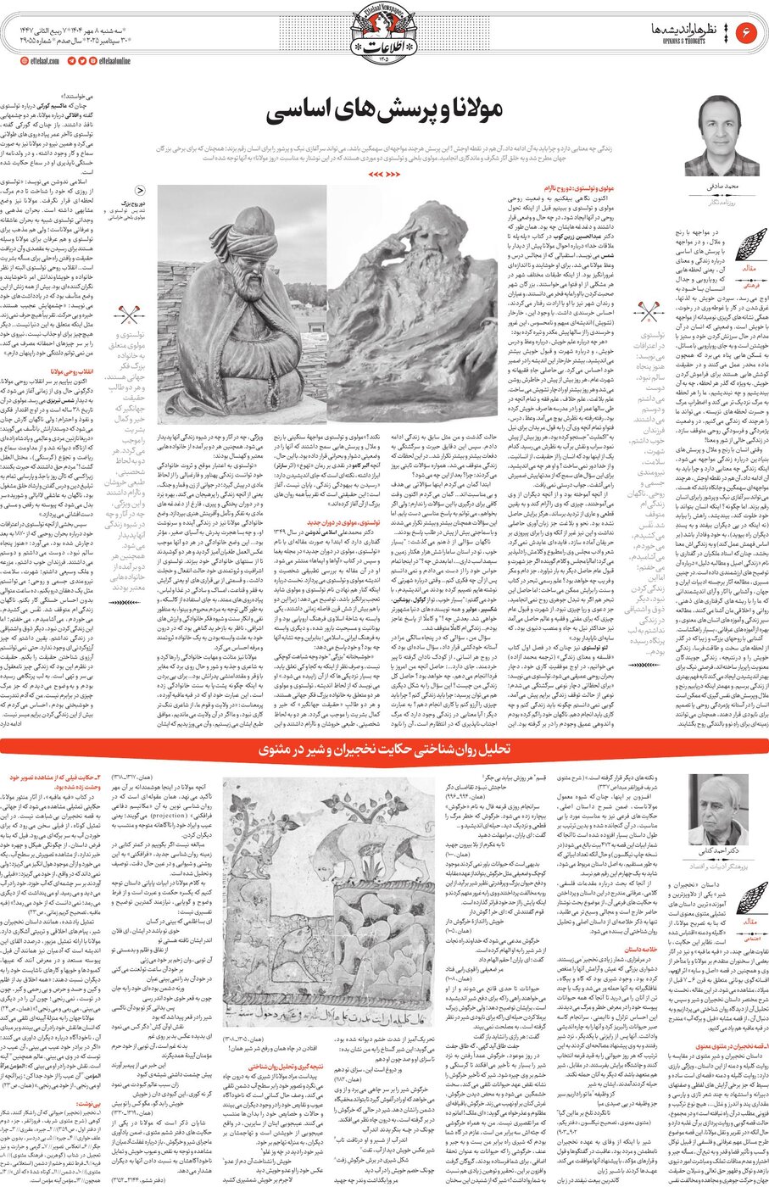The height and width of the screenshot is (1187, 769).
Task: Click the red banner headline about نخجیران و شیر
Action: [x=384, y=751]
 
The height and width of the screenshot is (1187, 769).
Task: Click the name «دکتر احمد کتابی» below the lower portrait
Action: [x=712, y=853]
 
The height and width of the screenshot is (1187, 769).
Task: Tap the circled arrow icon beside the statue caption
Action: [x=140, y=192]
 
